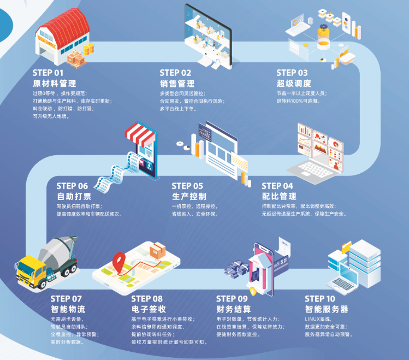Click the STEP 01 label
tap(48, 73)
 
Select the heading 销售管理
tap(177, 84)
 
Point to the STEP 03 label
tap(292, 73)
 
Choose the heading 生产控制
tap(189, 196)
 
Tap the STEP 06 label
tap(73, 186)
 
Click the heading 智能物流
tap(68, 309)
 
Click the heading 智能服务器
tap(327, 309)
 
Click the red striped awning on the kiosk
tap(141, 132)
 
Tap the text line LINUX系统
tap(319, 320)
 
